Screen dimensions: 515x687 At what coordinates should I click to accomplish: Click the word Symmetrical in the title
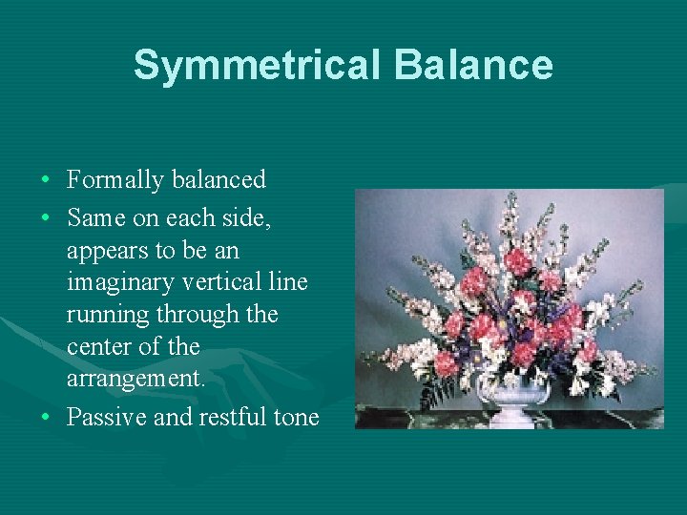click(257, 65)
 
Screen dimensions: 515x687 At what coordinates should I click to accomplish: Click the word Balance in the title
click(473, 65)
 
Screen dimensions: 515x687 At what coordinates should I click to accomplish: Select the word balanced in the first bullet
click(222, 179)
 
